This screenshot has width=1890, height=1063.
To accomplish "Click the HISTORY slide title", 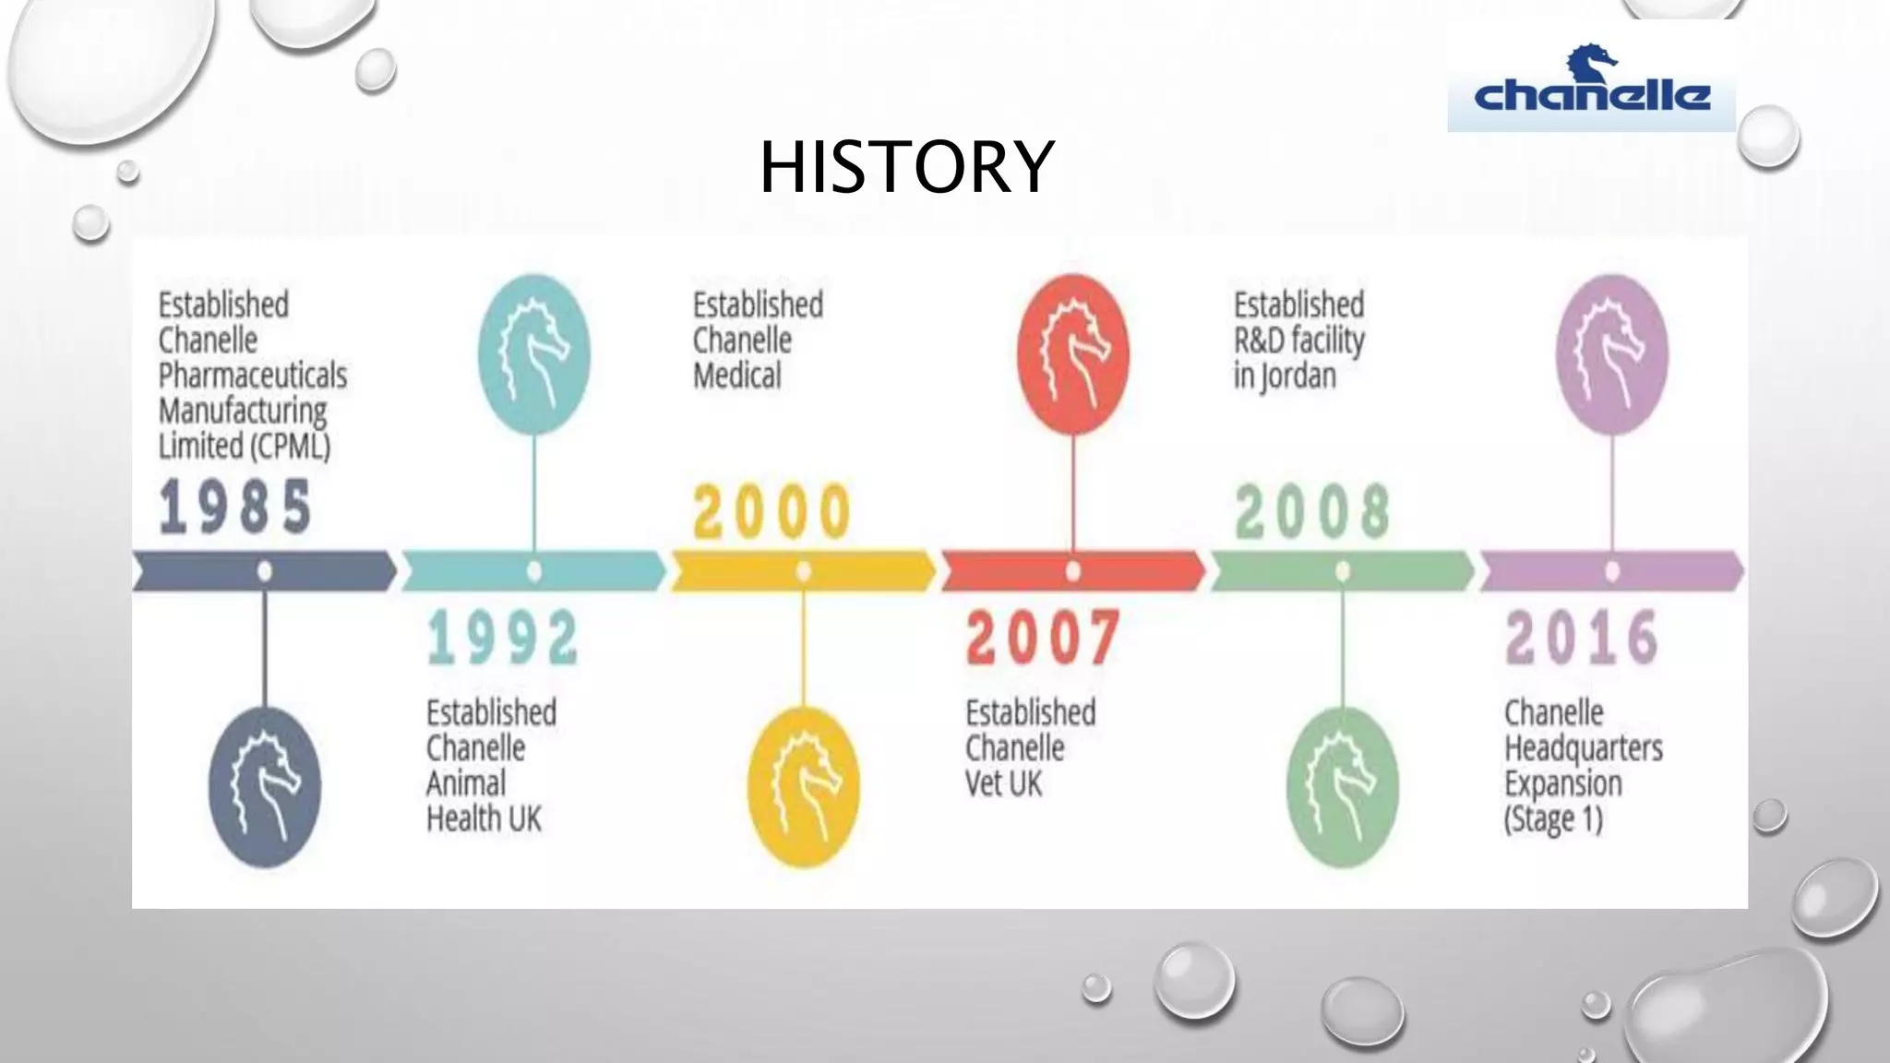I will [906, 166].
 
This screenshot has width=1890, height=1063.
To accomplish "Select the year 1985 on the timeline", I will [235, 507].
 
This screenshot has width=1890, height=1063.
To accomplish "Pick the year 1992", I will [503, 638].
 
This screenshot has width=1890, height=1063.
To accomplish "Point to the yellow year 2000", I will [772, 511].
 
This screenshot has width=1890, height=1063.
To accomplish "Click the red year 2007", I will [1043, 638].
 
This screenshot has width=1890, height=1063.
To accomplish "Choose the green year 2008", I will [1312, 511].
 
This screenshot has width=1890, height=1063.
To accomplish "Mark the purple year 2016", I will [1582, 638].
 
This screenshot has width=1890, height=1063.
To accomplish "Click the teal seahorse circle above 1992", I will [534, 354].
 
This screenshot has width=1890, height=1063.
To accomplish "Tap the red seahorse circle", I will [1073, 354].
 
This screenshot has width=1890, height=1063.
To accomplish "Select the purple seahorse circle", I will [1612, 354].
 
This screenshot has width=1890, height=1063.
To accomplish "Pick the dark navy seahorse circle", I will [265, 787].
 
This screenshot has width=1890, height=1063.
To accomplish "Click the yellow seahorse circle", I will [804, 787].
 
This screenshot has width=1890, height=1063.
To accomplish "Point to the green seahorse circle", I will [1343, 787].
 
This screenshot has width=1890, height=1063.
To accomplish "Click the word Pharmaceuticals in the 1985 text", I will [253, 376].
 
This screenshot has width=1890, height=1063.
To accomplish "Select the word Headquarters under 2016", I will [1584, 748].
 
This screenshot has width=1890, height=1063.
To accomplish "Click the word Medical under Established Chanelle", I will [737, 376].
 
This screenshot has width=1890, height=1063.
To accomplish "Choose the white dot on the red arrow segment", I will [1073, 571].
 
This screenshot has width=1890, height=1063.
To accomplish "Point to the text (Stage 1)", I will [1553, 819].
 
